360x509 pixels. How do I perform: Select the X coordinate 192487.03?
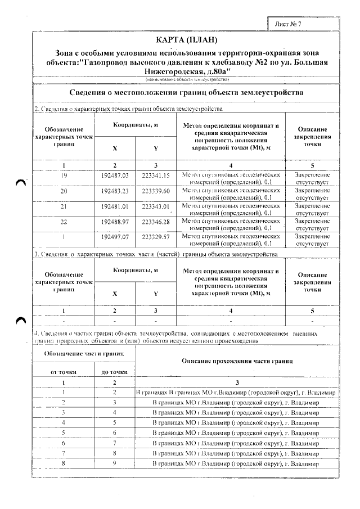(x=115, y=176)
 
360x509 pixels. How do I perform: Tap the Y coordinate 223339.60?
(x=156, y=191)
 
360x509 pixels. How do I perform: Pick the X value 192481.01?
(x=115, y=207)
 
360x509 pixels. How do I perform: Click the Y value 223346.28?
(x=156, y=222)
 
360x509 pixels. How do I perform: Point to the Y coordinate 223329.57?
(x=156, y=237)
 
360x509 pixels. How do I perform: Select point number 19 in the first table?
(x=64, y=176)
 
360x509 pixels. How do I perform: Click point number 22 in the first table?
(x=64, y=222)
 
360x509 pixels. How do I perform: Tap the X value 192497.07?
(x=115, y=237)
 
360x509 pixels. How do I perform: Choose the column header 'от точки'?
(x=64, y=372)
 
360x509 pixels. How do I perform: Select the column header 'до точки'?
(x=114, y=372)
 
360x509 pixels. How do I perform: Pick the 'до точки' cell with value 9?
(x=114, y=462)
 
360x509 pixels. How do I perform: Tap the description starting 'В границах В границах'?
(x=236, y=392)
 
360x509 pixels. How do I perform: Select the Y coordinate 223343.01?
(x=156, y=207)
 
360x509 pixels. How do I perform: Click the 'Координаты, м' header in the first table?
(x=135, y=125)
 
